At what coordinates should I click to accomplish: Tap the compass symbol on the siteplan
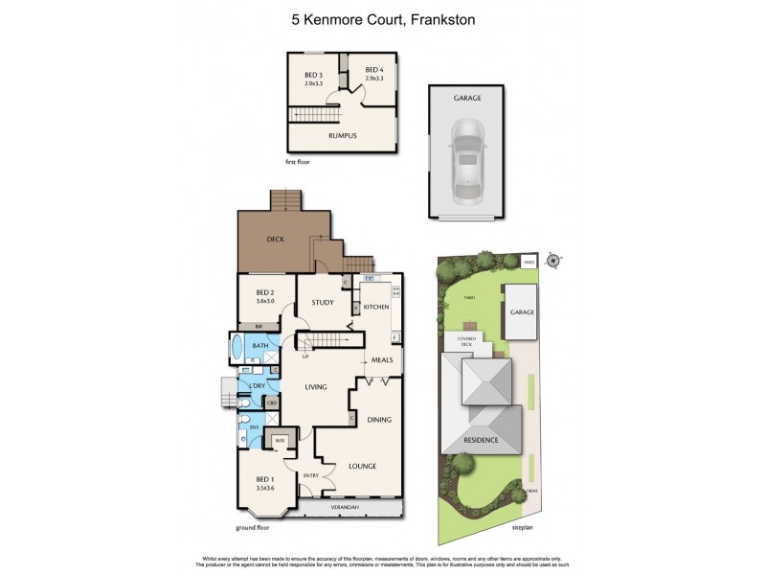coord(552,259)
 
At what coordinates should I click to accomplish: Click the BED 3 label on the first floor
coord(314,75)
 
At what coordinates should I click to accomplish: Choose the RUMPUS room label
coord(342,136)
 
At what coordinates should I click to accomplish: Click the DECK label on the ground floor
coord(276,240)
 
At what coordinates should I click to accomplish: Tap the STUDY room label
coord(322,303)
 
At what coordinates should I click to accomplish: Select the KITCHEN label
coord(375,307)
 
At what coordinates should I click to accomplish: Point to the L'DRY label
coord(256,385)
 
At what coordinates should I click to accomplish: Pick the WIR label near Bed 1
coord(280,441)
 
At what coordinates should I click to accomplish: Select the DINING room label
coord(379,419)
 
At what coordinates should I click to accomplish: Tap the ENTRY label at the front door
coord(311,475)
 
